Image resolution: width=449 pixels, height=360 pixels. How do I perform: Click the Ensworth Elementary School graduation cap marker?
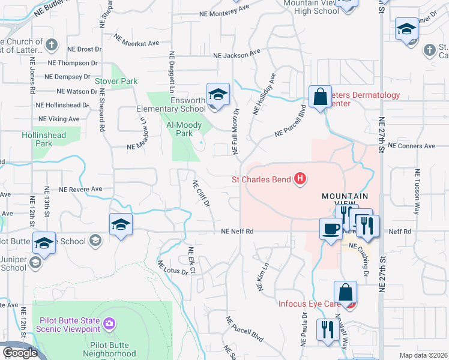[x=218, y=94]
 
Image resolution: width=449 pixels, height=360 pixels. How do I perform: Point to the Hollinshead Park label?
[x=44, y=140]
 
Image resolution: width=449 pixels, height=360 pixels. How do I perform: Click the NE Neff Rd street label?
[x=237, y=231]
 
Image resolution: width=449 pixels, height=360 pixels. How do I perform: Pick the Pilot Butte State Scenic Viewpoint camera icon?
[x=109, y=325]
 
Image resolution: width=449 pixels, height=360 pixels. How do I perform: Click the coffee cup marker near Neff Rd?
[x=331, y=229]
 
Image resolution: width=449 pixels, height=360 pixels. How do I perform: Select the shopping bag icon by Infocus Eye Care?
[x=346, y=293]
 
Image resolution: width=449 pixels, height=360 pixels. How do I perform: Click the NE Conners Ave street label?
[x=411, y=146]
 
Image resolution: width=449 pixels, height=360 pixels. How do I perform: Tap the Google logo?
[x=20, y=353]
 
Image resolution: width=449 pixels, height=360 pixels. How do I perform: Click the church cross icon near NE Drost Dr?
[x=52, y=44]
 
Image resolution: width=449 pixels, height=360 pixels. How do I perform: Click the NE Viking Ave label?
[x=59, y=119]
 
